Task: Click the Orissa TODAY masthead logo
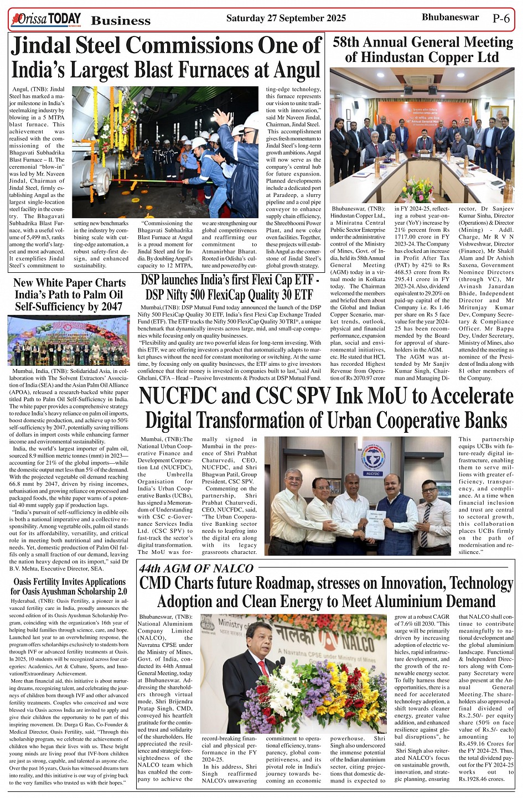[x=45, y=20]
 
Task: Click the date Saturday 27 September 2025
[x=286, y=18]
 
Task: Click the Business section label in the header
[x=121, y=21]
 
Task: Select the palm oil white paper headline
[x=69, y=294]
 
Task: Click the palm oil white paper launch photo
[x=69, y=340]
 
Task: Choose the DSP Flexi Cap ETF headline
[x=230, y=287]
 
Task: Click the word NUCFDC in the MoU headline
[x=173, y=396]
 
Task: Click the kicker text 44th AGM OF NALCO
[x=188, y=568]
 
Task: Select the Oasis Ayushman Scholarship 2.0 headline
[x=69, y=586]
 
